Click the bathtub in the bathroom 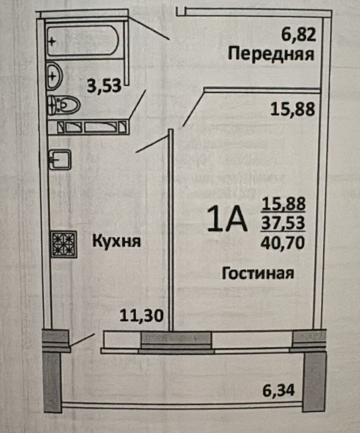point(83,41)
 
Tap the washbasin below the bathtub point(55,76)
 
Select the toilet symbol point(63,105)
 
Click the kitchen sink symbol point(60,159)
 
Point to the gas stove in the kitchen point(64,244)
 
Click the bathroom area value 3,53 point(104,85)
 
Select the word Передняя point(271,55)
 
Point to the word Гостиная point(258,274)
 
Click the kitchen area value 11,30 point(142,315)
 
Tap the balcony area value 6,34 point(278,390)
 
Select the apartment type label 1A point(227,219)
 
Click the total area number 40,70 point(283,243)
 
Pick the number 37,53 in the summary point(283,223)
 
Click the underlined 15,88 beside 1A point(284,204)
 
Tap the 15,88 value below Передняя point(292,109)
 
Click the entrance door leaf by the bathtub point(149,28)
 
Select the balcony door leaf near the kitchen point(82,340)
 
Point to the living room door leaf point(193,108)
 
